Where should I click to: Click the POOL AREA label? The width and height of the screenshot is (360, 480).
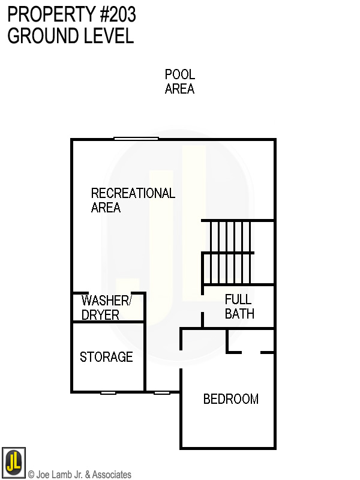tap(179, 82)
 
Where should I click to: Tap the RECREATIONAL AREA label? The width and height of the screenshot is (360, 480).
tap(133, 200)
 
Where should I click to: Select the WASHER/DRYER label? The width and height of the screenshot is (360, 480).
tap(106, 307)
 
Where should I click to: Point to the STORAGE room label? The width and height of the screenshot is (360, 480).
tap(106, 357)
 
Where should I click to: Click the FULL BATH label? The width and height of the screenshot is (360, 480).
tap(239, 306)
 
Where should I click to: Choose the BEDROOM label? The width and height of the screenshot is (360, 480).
tap(231, 399)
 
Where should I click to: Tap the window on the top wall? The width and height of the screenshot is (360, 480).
tap(136, 139)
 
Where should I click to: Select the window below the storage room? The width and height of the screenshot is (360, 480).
tap(108, 392)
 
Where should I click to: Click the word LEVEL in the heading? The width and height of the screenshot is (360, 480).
tap(106, 35)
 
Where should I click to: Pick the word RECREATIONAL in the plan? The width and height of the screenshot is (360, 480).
tap(133, 193)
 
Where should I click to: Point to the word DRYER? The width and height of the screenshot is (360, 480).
tap(100, 315)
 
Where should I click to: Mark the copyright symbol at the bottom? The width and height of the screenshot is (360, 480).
tap(31, 475)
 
